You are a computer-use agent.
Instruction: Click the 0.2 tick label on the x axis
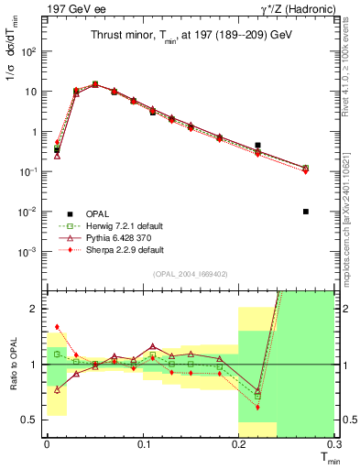tap(238, 443)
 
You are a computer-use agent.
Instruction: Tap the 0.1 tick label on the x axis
tap(143, 443)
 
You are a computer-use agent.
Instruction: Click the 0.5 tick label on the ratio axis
tap(31, 420)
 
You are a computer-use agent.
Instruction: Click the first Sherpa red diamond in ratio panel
tap(57, 326)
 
